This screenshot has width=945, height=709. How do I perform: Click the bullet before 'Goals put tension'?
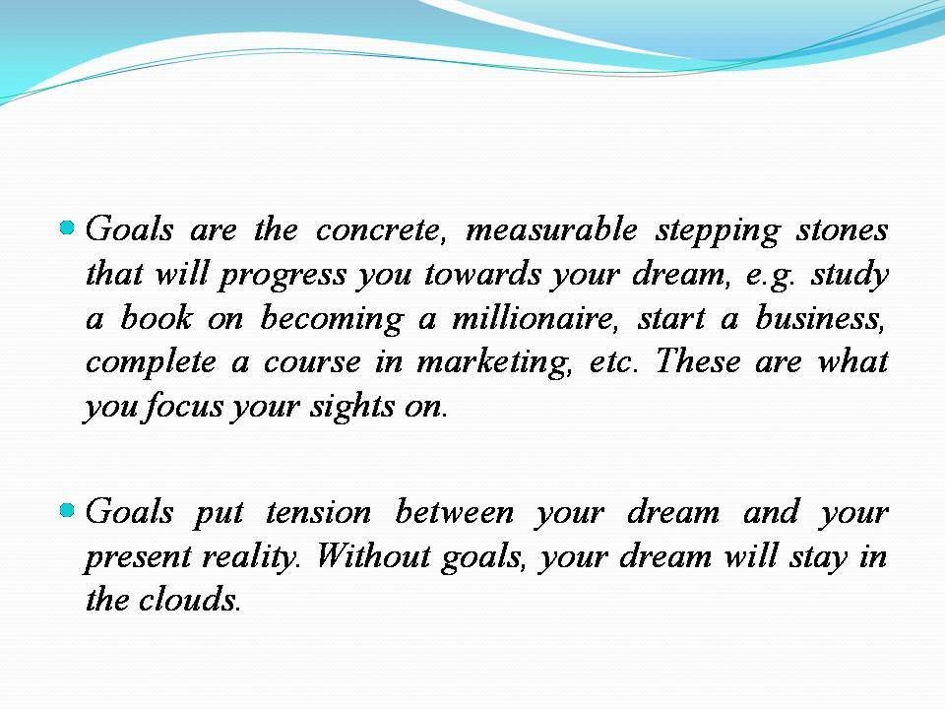[67, 510]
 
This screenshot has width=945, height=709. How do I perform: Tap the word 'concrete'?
[380, 230]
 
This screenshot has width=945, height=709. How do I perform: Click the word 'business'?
[825, 319]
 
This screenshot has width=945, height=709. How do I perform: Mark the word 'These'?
[697, 362]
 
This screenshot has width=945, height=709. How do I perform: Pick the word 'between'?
[454, 513]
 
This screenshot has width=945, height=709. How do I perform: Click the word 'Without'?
[363, 557]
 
